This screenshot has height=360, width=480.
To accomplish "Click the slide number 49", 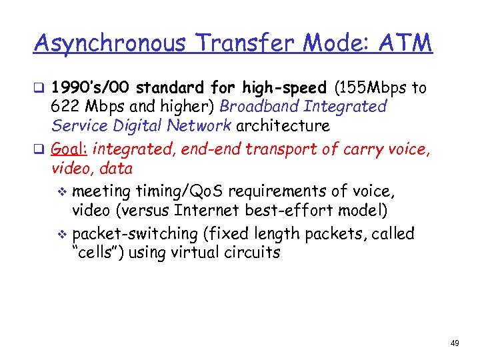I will click(455, 343).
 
